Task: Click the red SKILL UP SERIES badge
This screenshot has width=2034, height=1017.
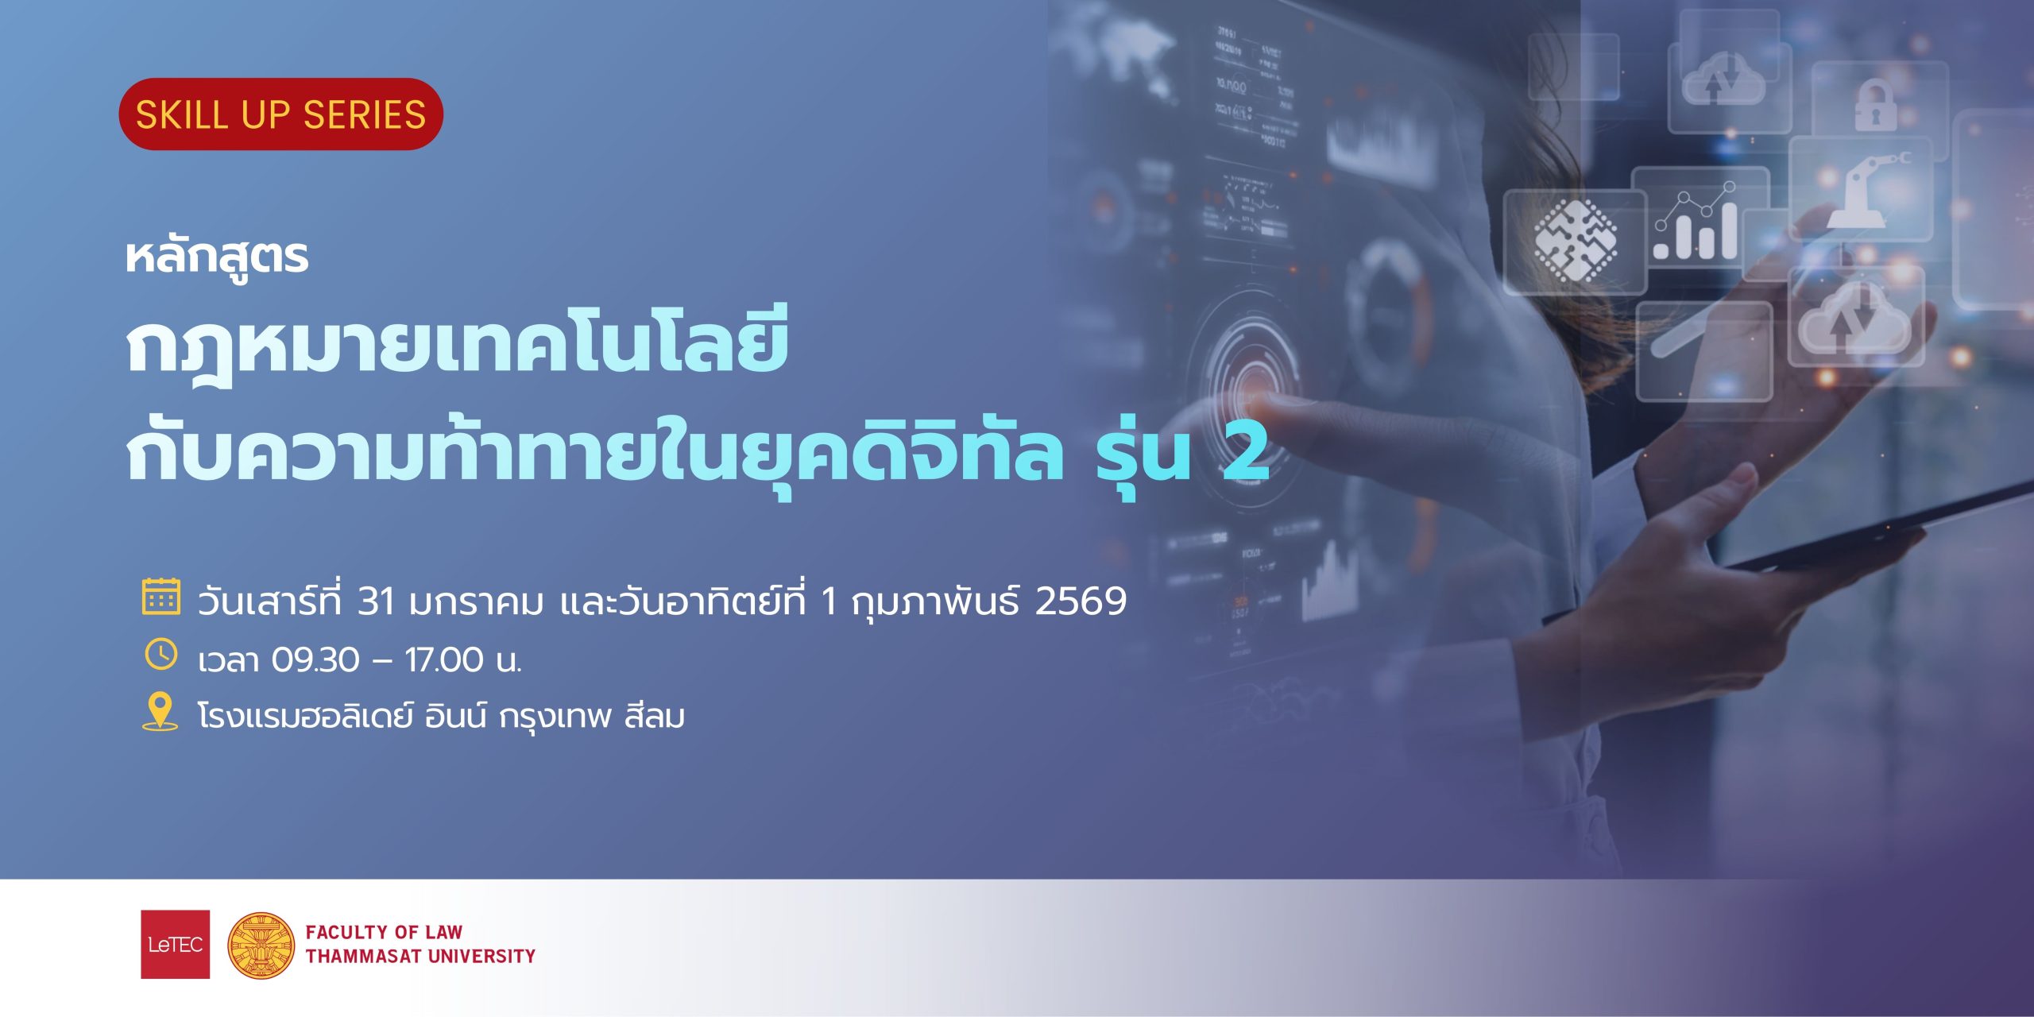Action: point(280,114)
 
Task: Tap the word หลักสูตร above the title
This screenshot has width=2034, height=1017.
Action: point(217,257)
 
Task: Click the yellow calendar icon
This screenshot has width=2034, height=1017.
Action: point(161,597)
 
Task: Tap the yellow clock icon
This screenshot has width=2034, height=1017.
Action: point(161,655)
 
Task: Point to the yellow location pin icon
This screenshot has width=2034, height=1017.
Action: point(160,712)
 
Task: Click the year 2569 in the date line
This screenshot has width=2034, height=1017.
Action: point(1081,601)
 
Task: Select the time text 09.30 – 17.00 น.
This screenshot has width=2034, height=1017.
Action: point(396,660)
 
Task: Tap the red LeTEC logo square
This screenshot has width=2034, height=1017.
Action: point(176,944)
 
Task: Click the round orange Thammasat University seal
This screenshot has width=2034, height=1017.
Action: point(261,945)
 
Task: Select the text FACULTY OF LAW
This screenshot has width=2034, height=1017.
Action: point(384,932)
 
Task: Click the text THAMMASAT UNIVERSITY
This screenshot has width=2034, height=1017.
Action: point(421,956)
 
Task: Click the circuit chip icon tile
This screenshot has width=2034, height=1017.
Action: point(1575,242)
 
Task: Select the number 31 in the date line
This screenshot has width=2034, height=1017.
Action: point(376,601)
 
